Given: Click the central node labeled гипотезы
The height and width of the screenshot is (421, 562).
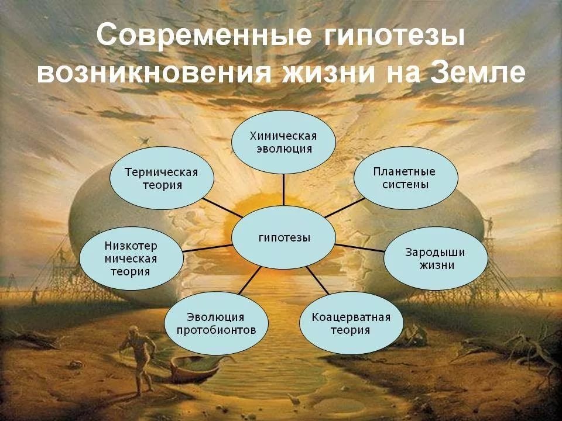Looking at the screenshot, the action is tap(283, 237).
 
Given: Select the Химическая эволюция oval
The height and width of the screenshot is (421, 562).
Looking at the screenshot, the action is tap(283, 142).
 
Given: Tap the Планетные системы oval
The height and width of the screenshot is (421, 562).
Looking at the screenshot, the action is tap(406, 178).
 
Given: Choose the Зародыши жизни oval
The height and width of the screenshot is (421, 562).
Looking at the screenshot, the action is tap(436, 258).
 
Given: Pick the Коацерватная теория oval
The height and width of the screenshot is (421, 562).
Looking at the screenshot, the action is tap(351, 323).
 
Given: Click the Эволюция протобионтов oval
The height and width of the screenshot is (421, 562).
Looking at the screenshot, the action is tap(216, 323).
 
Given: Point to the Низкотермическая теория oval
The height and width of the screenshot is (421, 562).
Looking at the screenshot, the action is tap(131, 258).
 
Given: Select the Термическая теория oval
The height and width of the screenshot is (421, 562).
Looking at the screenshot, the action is tap(162, 178).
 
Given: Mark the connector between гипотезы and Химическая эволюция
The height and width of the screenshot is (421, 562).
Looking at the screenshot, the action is tap(283, 189).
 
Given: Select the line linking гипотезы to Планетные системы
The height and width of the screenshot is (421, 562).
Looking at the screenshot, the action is tap(345, 207).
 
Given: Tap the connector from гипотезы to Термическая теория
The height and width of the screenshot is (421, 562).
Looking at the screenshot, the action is tap(222, 207).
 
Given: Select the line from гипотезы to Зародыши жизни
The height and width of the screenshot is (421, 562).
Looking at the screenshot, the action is tap(360, 248).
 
